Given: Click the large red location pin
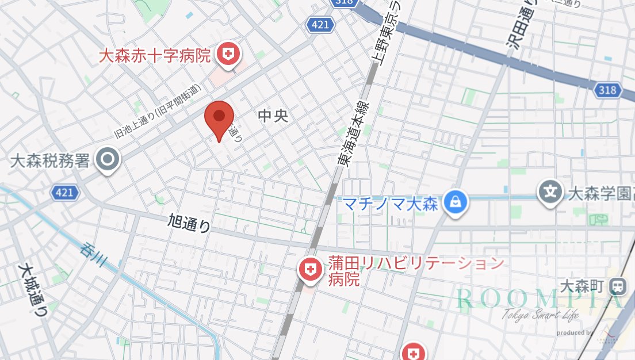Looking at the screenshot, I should click(219, 117).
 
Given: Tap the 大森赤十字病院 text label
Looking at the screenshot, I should click(155, 56).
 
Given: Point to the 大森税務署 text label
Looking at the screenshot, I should click(51, 159).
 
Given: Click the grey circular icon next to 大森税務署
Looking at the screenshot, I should click(108, 159).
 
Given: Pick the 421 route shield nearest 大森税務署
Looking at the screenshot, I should click(64, 192).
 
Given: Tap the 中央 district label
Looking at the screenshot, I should click(273, 116).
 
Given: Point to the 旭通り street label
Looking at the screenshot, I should click(189, 223).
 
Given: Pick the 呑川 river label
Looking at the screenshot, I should click(95, 254).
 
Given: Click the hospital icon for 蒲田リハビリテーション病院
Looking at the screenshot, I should click(311, 269).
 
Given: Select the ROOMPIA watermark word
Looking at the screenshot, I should click(538, 298).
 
